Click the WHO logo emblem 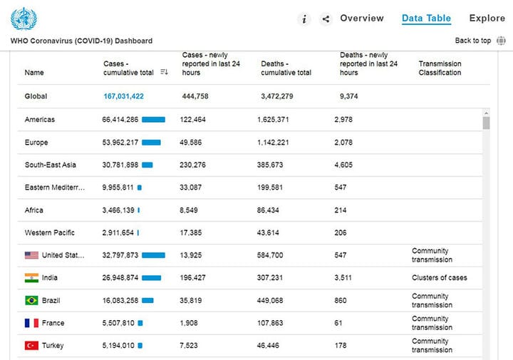point(24,19)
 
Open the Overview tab point(362,19)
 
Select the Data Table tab point(426,19)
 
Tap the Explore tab point(487,19)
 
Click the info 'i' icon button point(304,19)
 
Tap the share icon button point(326,19)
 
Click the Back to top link point(473,41)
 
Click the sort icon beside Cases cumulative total point(165,72)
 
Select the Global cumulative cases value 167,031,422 point(124,96)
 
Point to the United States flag point(31,255)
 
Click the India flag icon point(31,278)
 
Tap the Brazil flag point(31,300)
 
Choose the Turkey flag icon point(31,346)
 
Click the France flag point(31,323)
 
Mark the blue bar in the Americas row point(153,120)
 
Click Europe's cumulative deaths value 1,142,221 point(273,143)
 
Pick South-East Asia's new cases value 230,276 point(192,165)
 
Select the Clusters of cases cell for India point(440,278)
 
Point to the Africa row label point(34,210)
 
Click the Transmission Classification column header point(440,68)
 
